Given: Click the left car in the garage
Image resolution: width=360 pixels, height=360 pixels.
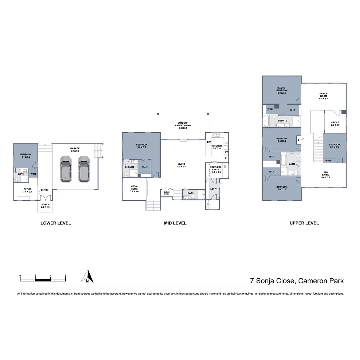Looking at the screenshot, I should click(x=66, y=169).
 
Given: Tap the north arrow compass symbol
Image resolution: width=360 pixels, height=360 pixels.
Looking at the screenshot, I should click(x=87, y=276).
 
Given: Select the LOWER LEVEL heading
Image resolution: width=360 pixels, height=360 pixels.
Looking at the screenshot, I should click(x=56, y=223).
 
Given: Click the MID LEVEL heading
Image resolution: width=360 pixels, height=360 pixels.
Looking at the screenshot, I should click(x=175, y=223).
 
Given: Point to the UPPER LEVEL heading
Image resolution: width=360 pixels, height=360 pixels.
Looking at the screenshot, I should click(x=304, y=223).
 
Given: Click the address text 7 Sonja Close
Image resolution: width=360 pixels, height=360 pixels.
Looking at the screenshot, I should click(x=273, y=281).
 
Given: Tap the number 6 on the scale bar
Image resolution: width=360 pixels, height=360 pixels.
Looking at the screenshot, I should click(x=65, y=276).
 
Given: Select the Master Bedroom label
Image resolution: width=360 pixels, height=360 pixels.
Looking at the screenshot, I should click(x=282, y=90).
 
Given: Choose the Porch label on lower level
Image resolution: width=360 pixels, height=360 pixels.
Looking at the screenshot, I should click(x=45, y=206).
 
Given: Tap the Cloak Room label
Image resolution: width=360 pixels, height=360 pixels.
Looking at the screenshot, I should click(x=166, y=193).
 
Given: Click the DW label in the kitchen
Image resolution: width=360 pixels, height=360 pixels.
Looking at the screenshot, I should click(x=209, y=142).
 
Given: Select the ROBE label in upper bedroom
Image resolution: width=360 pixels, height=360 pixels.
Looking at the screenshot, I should click(x=328, y=160).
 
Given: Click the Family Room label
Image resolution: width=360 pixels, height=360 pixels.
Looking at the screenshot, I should click(x=323, y=96).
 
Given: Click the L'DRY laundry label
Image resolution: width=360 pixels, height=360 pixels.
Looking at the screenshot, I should click(x=213, y=189).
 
